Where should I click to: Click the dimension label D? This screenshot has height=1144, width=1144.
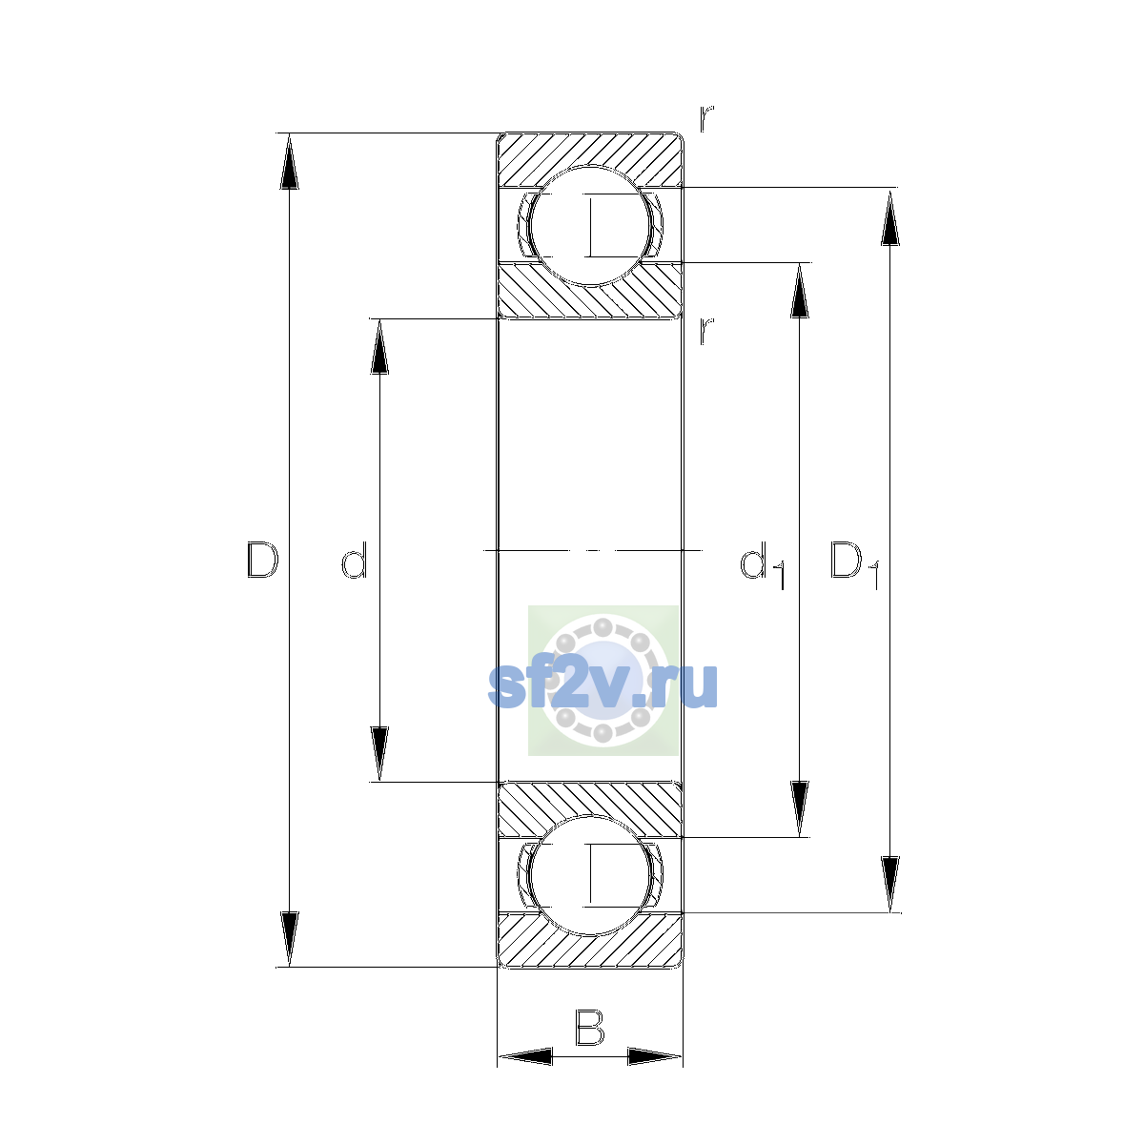tap(262, 560)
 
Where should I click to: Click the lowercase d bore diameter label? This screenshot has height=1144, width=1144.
tap(355, 560)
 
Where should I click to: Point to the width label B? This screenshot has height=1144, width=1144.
tap(589, 1027)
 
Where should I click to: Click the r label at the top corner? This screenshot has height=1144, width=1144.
tap(705, 118)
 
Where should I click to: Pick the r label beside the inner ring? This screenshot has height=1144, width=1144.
tap(705, 331)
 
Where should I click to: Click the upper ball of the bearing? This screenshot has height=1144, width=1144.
tap(590, 226)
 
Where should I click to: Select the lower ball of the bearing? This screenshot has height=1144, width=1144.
tap(590, 875)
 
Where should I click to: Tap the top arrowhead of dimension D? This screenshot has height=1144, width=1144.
tap(289, 161)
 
